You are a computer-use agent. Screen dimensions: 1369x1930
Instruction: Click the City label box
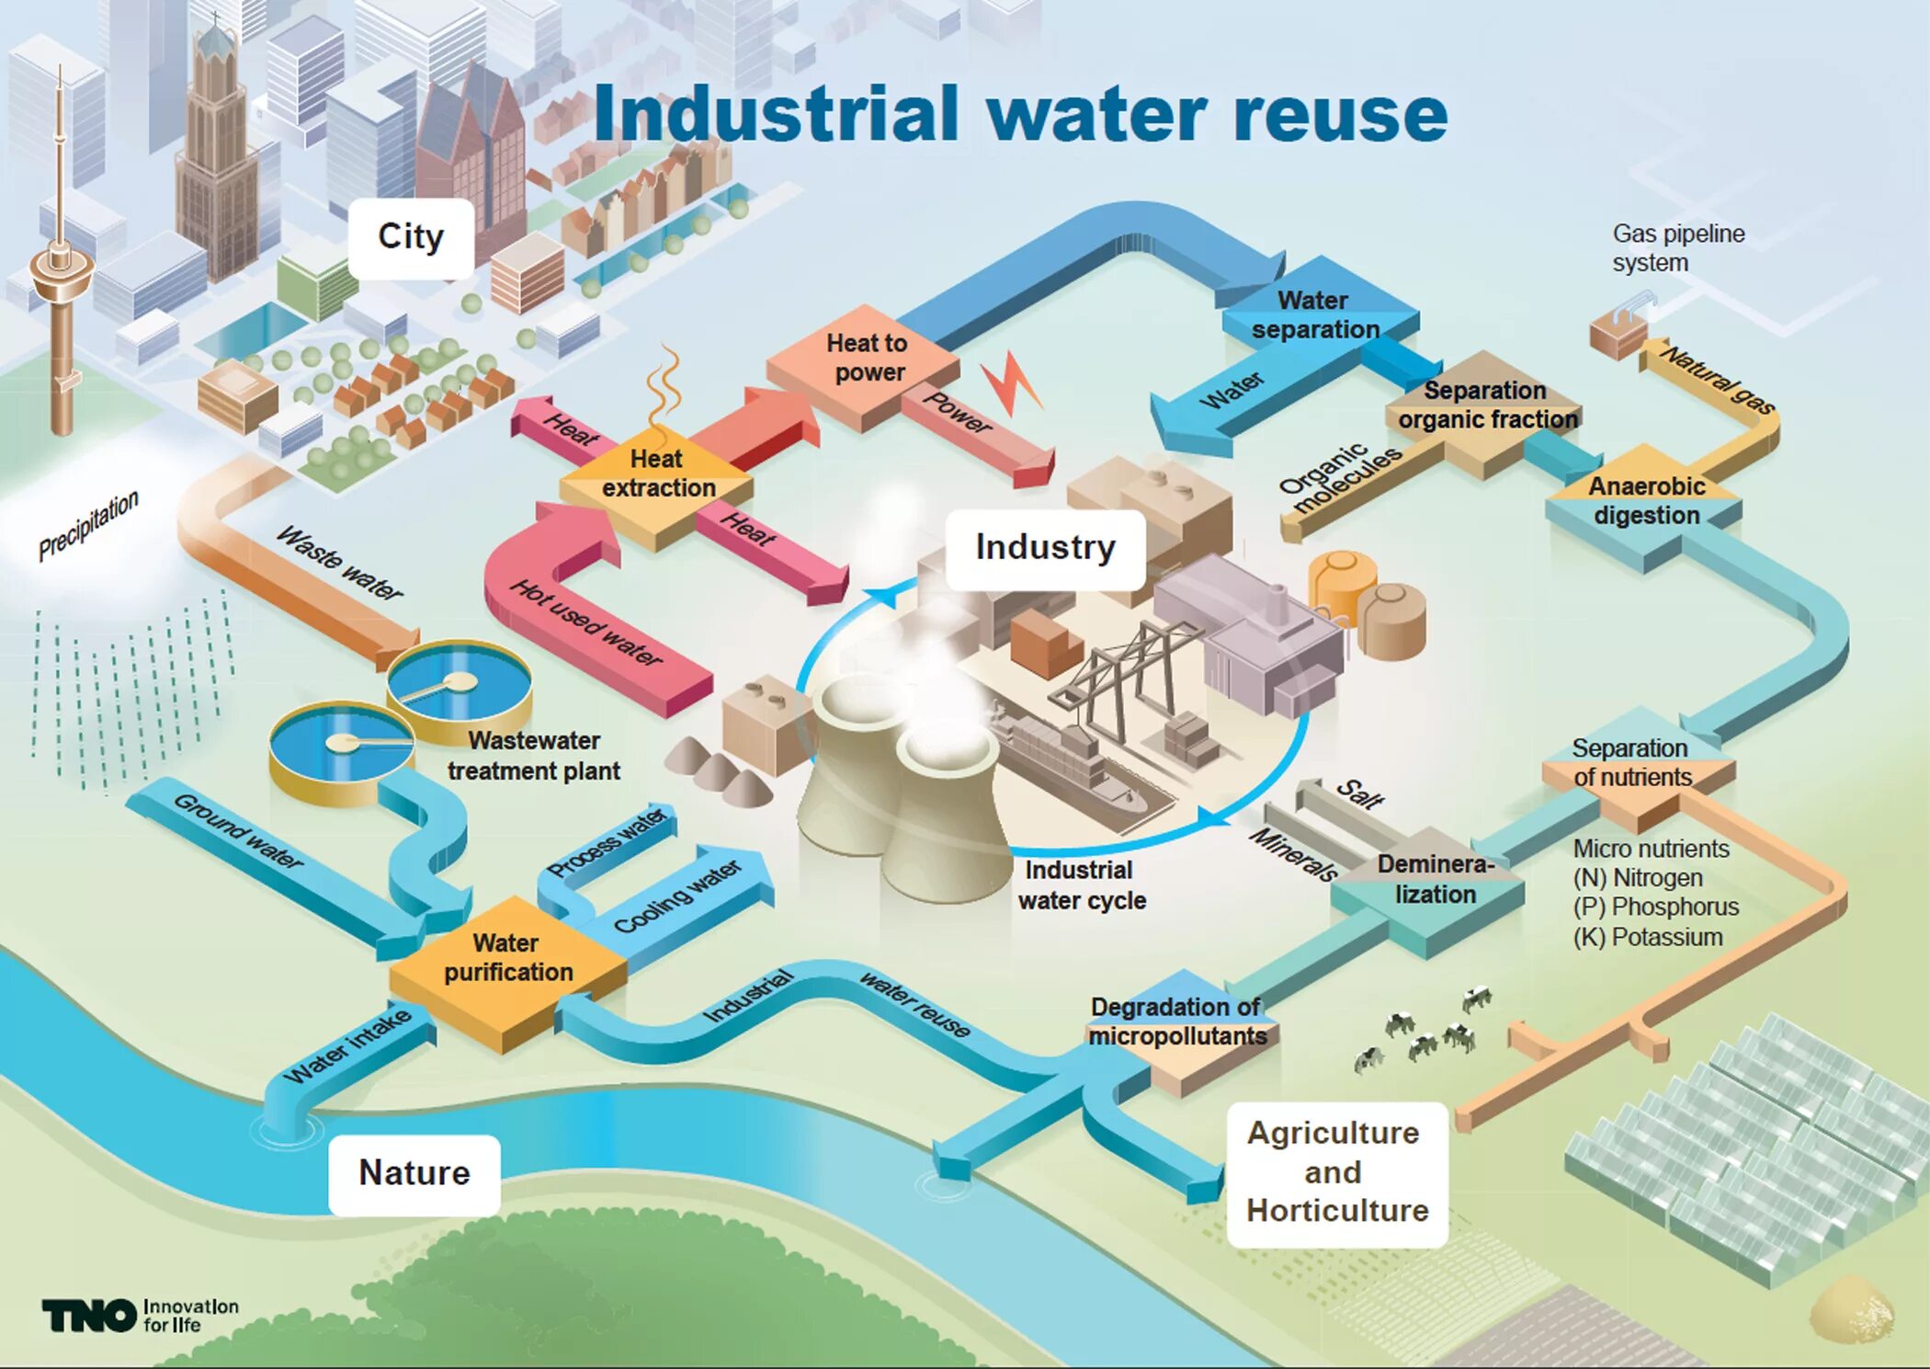tap(411, 238)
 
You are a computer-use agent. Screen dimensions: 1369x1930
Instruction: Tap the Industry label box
tap(1045, 548)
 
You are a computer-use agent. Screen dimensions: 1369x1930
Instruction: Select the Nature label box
tap(414, 1173)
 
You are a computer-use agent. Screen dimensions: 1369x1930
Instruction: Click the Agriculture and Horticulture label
tap(1337, 1172)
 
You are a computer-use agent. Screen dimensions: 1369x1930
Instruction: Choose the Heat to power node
tap(865, 359)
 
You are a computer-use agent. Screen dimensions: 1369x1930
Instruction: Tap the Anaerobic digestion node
tap(1646, 501)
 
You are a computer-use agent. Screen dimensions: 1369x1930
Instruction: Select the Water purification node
tap(507, 959)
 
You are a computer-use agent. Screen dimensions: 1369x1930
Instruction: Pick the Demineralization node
tap(1434, 881)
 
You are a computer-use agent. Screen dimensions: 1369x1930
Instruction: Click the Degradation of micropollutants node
tap(1177, 1022)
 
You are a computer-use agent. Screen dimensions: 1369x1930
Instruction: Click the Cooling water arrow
tap(680, 896)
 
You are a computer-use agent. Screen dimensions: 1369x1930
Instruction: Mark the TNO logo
tap(89, 1316)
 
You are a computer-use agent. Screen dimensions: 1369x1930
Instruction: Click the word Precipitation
tap(88, 525)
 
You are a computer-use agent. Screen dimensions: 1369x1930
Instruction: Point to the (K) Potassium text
tap(1647, 938)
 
